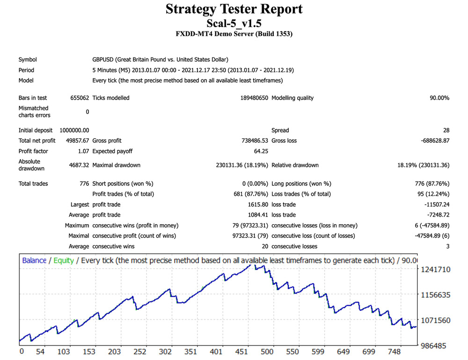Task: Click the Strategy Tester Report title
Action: (x=234, y=9)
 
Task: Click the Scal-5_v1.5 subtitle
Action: (x=234, y=23)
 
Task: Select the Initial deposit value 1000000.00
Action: (x=74, y=130)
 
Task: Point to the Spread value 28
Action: (x=446, y=130)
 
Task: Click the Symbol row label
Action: (x=28, y=59)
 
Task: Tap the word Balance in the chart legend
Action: (x=34, y=260)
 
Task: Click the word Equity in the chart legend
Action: (x=64, y=260)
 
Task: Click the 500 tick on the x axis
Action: (x=267, y=352)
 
